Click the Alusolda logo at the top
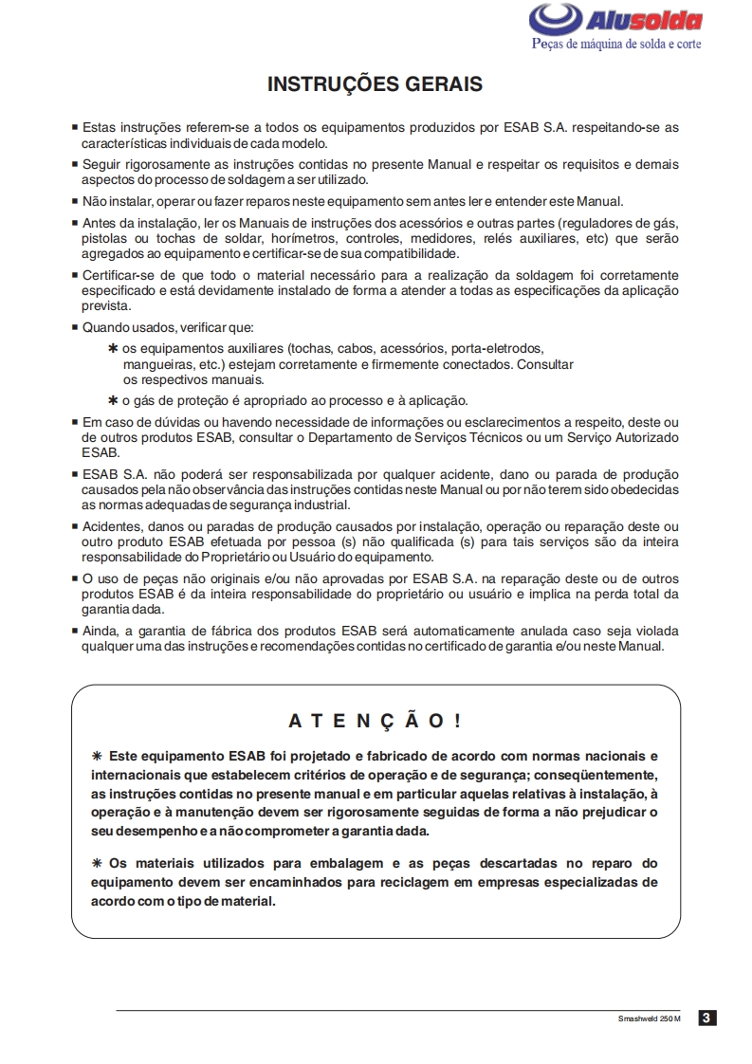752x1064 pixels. point(615,20)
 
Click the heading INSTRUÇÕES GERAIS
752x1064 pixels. point(375,84)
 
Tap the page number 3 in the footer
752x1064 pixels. point(706,1018)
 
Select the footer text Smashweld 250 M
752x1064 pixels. point(650,1019)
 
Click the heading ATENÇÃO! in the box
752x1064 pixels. point(376,721)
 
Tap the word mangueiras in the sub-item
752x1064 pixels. point(156,364)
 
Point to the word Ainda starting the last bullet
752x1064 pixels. point(101,631)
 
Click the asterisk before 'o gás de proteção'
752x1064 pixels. point(113,399)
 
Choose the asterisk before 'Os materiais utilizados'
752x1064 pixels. point(96,863)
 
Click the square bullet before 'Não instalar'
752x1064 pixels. point(75,201)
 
